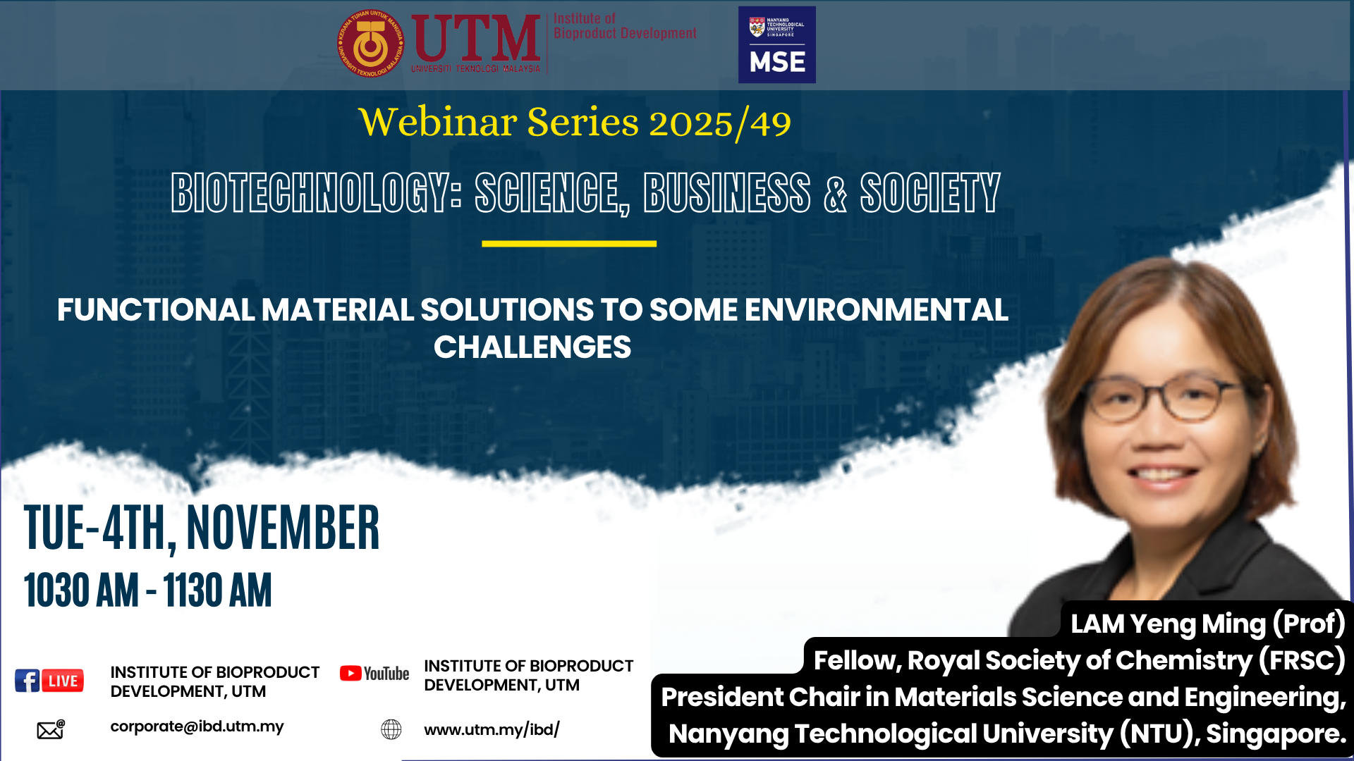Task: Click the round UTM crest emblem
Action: pos(371,44)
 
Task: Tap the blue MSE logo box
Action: pos(777,45)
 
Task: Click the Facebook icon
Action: pos(28,681)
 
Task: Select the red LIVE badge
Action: pos(63,681)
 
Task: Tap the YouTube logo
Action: pos(374,674)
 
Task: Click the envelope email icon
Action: pos(51,729)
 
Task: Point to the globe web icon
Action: pos(391,729)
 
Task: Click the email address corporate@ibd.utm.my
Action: pos(197,726)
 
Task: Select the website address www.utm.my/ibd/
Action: pos(492,729)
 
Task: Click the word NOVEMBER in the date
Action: pos(283,528)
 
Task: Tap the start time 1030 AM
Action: pos(81,590)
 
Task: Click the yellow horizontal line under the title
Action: pos(569,244)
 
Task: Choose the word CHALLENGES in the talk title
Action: pos(532,347)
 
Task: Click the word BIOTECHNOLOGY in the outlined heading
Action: pos(316,192)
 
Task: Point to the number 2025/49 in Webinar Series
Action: pos(720,124)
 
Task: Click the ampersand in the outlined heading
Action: pos(835,193)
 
